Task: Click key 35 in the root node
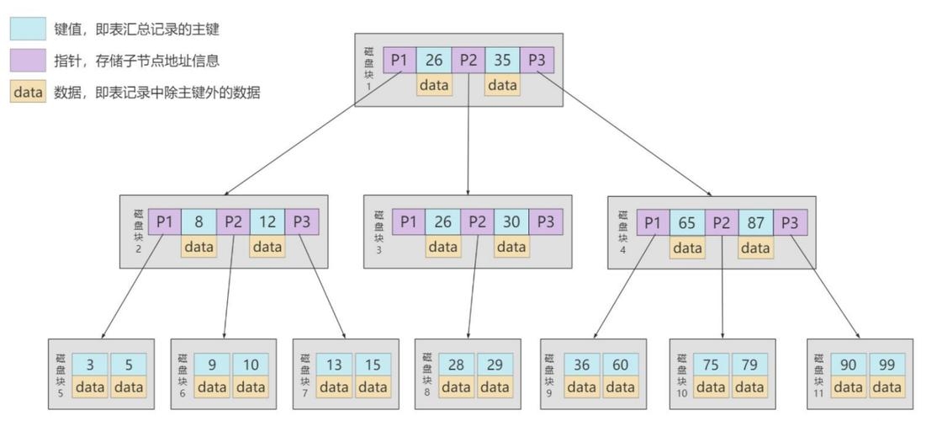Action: pos(502,61)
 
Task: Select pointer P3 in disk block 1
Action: pos(536,61)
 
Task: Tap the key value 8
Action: pos(198,222)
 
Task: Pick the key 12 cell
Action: pos(267,222)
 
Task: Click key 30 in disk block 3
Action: pos(511,222)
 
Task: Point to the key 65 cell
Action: pos(686,223)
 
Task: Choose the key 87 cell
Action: pos(755,223)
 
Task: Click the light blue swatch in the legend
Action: pos(28,29)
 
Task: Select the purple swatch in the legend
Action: pos(28,61)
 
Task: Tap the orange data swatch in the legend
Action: pos(28,93)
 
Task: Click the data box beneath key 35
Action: pos(502,85)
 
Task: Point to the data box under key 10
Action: pos(251,387)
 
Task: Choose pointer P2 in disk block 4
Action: pos(721,223)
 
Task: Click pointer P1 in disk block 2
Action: pos(165,222)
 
